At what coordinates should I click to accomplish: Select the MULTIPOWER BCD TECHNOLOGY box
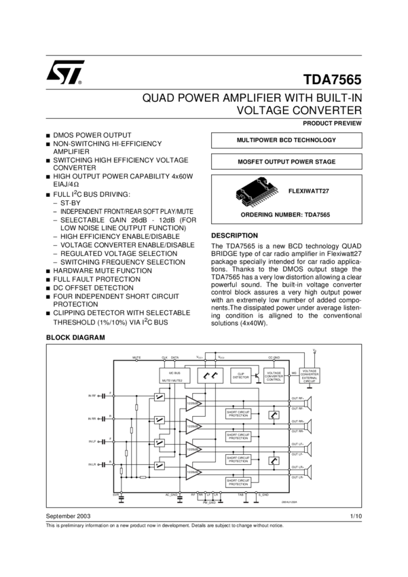coord(286,140)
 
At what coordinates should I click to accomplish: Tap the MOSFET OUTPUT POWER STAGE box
coord(286,162)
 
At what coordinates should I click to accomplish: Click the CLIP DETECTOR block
coord(241,375)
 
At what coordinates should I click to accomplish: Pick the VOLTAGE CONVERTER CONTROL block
coord(274,375)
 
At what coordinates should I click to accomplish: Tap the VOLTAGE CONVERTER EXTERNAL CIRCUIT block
coord(310,375)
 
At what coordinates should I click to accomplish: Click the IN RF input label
coord(94,395)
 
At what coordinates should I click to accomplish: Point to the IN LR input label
coord(94,464)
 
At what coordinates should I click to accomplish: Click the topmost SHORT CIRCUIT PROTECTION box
coord(238,413)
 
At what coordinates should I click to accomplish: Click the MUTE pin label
coord(136,356)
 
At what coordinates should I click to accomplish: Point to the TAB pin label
coord(240,495)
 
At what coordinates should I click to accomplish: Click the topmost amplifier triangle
coord(194,401)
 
